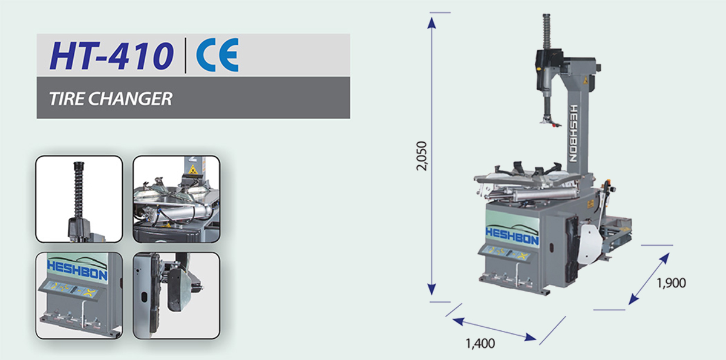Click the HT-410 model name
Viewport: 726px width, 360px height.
point(111,56)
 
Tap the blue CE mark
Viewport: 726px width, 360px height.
point(217,54)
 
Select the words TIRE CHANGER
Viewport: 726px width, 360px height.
point(111,99)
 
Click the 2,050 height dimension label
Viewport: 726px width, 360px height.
point(422,156)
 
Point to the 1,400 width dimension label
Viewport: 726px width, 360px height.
point(480,344)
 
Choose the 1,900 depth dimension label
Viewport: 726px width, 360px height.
point(671,283)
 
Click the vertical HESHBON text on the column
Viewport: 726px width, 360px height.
point(574,133)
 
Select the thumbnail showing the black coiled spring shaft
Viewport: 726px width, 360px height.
point(79,199)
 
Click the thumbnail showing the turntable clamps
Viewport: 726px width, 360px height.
point(177,199)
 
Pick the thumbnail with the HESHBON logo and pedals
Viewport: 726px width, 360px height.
point(79,295)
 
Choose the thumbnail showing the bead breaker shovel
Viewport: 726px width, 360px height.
point(177,295)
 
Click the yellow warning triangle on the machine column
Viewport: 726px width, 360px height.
point(586,80)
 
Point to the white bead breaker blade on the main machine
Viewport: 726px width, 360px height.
point(589,244)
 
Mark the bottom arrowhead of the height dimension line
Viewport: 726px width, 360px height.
point(431,289)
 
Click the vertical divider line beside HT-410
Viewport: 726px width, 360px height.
point(185,56)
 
